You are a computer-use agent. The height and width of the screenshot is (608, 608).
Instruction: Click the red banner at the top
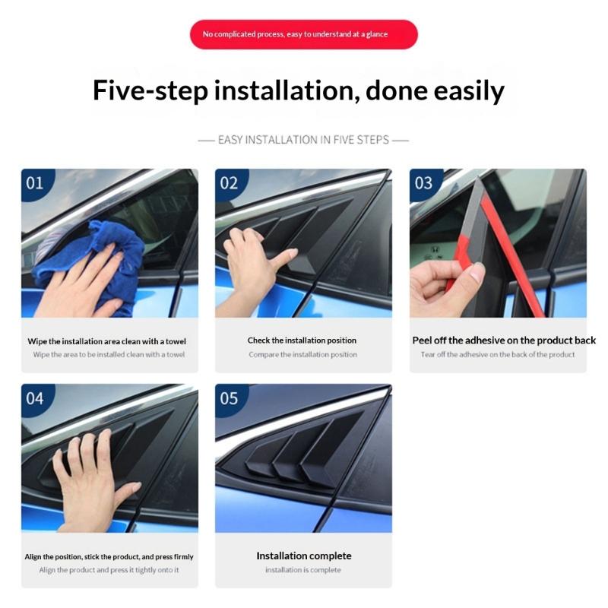(303, 34)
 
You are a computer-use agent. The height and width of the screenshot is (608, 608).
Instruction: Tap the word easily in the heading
(469, 91)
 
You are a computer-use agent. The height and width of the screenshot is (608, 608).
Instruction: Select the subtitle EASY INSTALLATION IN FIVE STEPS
(303, 140)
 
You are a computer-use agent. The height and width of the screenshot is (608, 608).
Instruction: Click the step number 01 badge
(35, 183)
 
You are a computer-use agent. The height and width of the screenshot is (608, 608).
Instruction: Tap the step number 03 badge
(423, 183)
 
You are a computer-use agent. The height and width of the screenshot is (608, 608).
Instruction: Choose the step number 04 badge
(35, 398)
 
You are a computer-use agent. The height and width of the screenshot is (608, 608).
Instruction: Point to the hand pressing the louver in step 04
(93, 481)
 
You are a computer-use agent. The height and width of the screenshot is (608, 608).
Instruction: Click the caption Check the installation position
(302, 340)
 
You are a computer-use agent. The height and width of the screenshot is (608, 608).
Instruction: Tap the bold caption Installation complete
(303, 556)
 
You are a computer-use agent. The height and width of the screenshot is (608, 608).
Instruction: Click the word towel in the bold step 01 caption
(176, 341)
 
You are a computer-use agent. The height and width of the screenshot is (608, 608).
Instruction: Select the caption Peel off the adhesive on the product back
(504, 340)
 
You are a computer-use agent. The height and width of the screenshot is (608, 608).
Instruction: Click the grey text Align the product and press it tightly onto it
(109, 570)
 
